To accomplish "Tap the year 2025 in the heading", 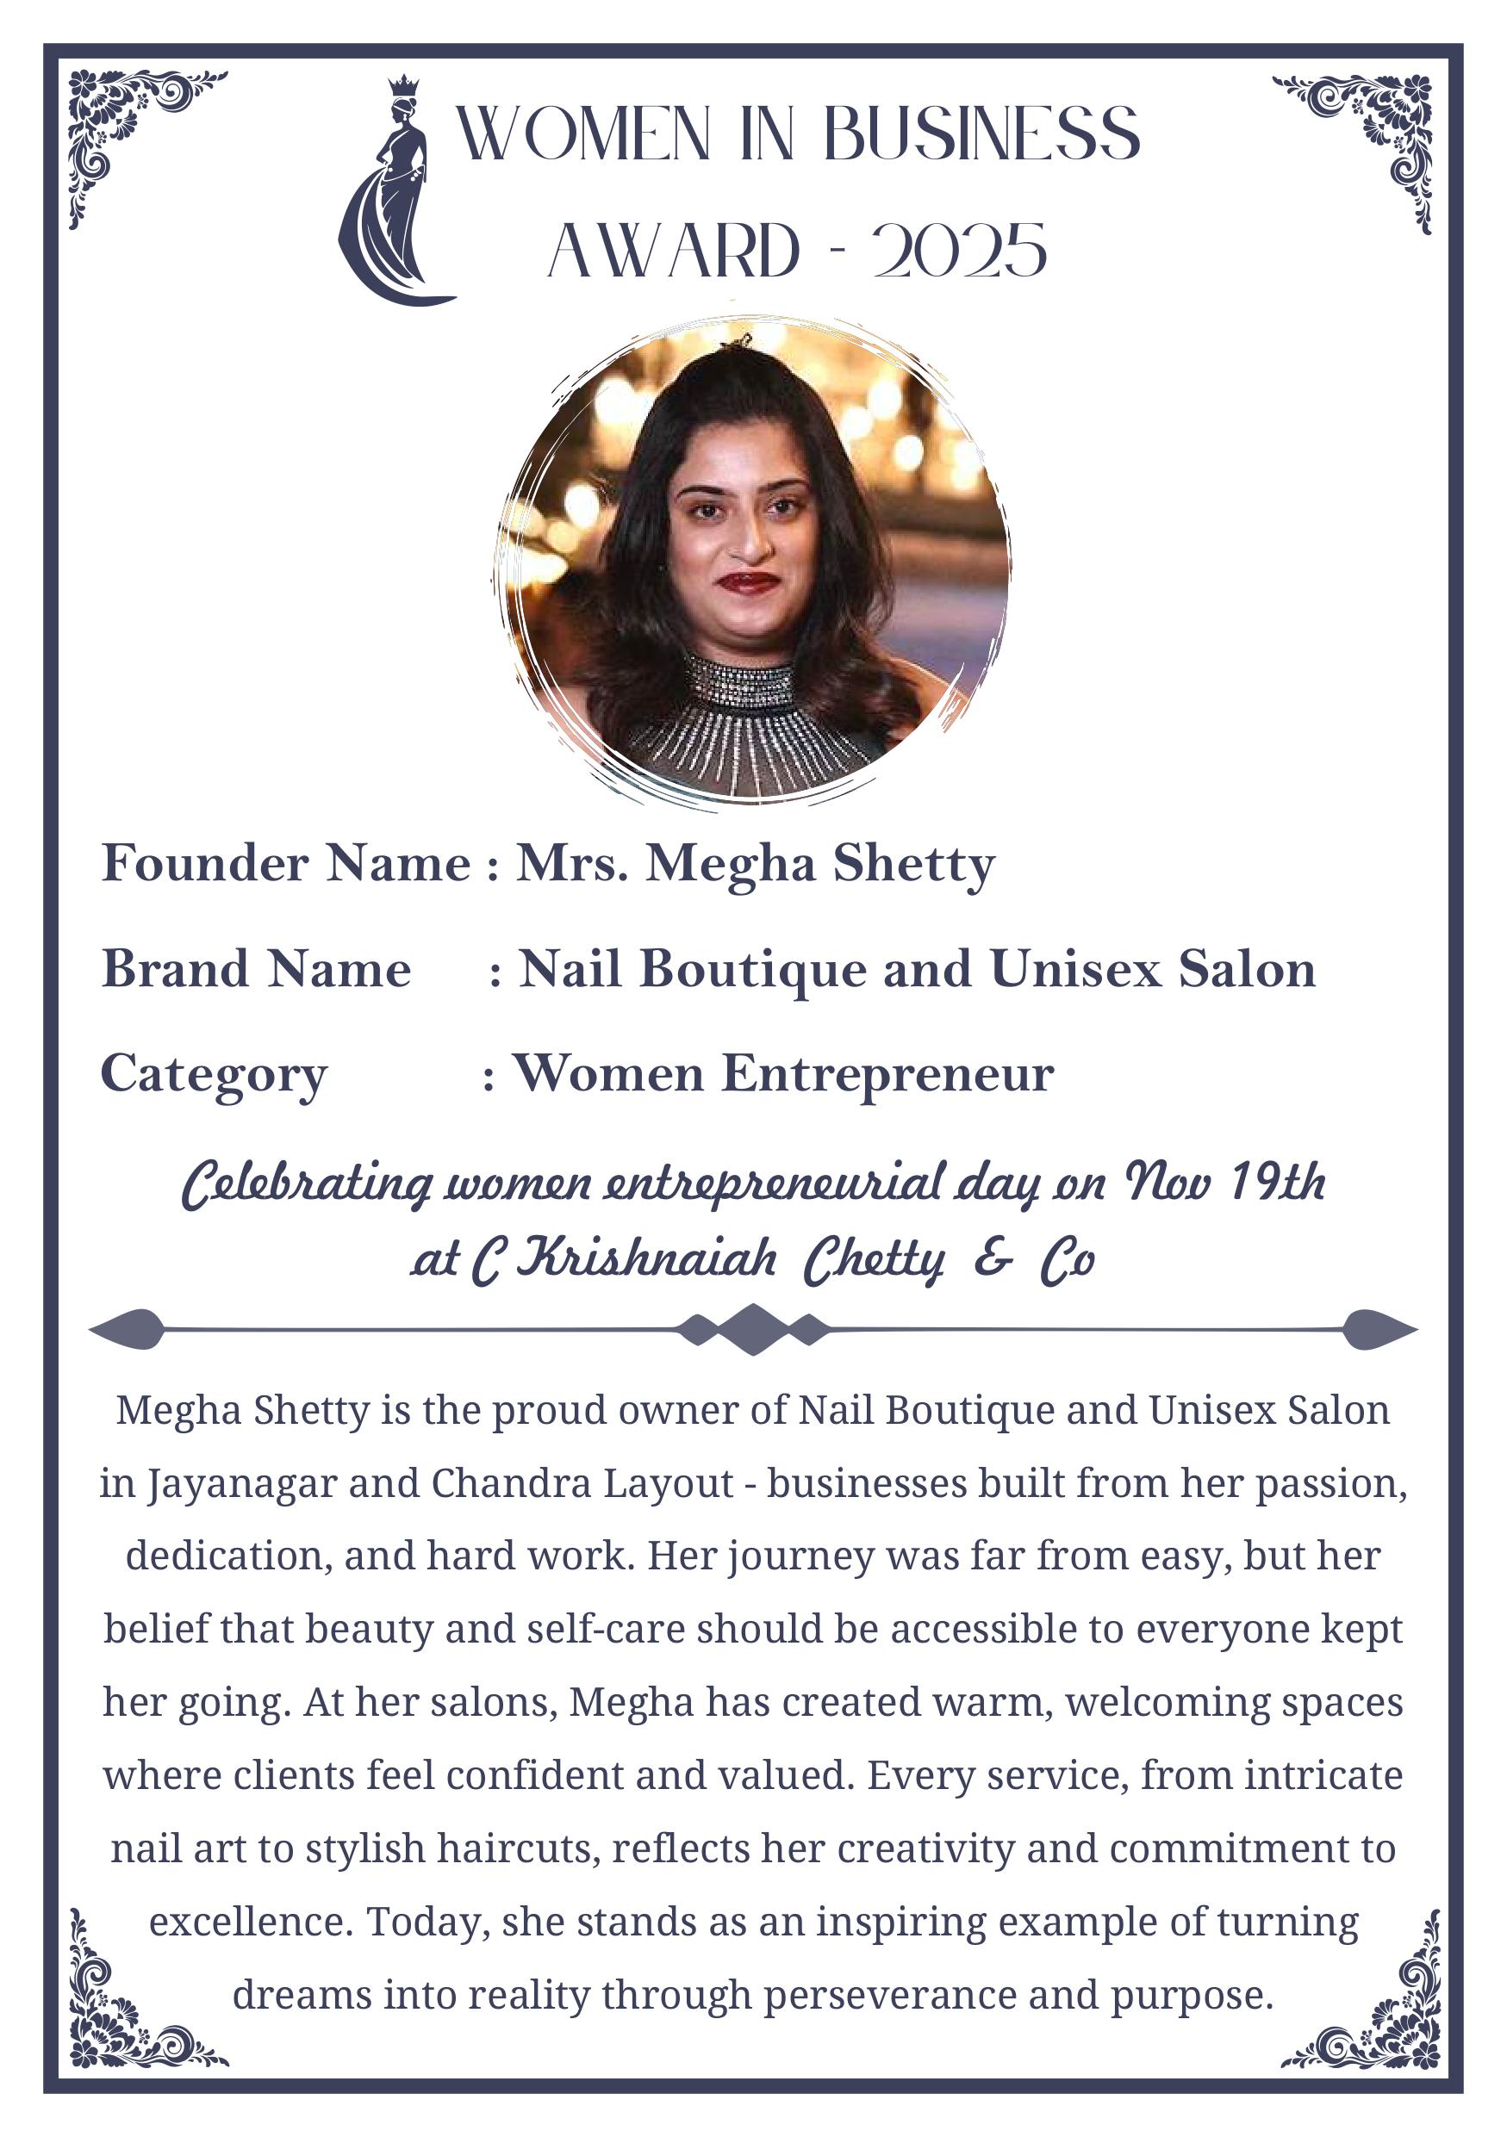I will point(959,252).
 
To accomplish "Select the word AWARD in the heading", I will point(673,252).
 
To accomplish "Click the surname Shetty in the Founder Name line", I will point(913,864).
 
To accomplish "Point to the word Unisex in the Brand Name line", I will point(1075,969).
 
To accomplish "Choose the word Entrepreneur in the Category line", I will point(887,1073).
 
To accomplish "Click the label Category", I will point(213,1075).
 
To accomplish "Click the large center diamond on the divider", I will point(753,1329).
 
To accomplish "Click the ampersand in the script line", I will point(993,1258).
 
